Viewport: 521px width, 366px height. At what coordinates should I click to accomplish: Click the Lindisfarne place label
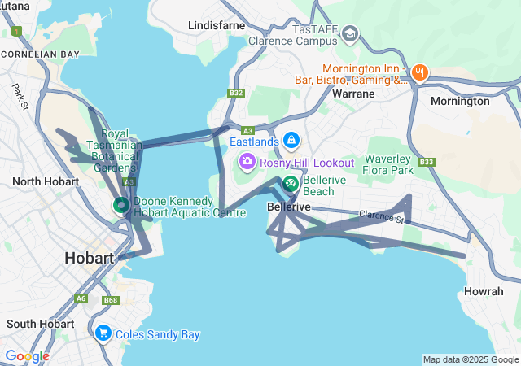pyautogui.click(x=216, y=26)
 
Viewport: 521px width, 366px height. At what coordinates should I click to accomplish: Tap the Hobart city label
pyautogui.click(x=89, y=258)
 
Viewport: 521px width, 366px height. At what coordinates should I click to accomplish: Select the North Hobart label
pyautogui.click(x=46, y=181)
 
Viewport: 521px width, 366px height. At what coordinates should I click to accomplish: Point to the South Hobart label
pyautogui.click(x=40, y=324)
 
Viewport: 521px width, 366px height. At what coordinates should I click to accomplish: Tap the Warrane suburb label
pyautogui.click(x=353, y=94)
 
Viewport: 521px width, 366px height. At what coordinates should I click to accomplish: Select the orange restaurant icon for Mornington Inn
pyautogui.click(x=420, y=72)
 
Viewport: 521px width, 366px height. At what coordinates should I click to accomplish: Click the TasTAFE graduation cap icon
pyautogui.click(x=350, y=33)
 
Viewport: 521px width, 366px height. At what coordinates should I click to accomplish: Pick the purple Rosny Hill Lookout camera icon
pyautogui.click(x=246, y=163)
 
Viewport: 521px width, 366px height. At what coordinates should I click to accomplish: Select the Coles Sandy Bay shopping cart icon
pyautogui.click(x=103, y=333)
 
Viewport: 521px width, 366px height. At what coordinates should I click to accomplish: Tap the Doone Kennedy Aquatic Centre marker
pyautogui.click(x=120, y=205)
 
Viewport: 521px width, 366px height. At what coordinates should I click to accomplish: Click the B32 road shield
pyautogui.click(x=236, y=94)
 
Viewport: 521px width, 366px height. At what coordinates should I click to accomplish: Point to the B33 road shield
pyautogui.click(x=426, y=163)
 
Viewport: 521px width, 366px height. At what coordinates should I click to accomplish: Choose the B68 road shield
pyautogui.click(x=110, y=301)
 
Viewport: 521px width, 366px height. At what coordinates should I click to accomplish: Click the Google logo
pyautogui.click(x=27, y=356)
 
